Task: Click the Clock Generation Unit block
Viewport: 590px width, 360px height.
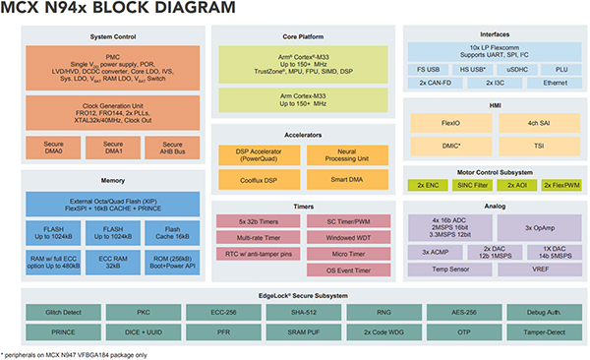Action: click(x=111, y=110)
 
